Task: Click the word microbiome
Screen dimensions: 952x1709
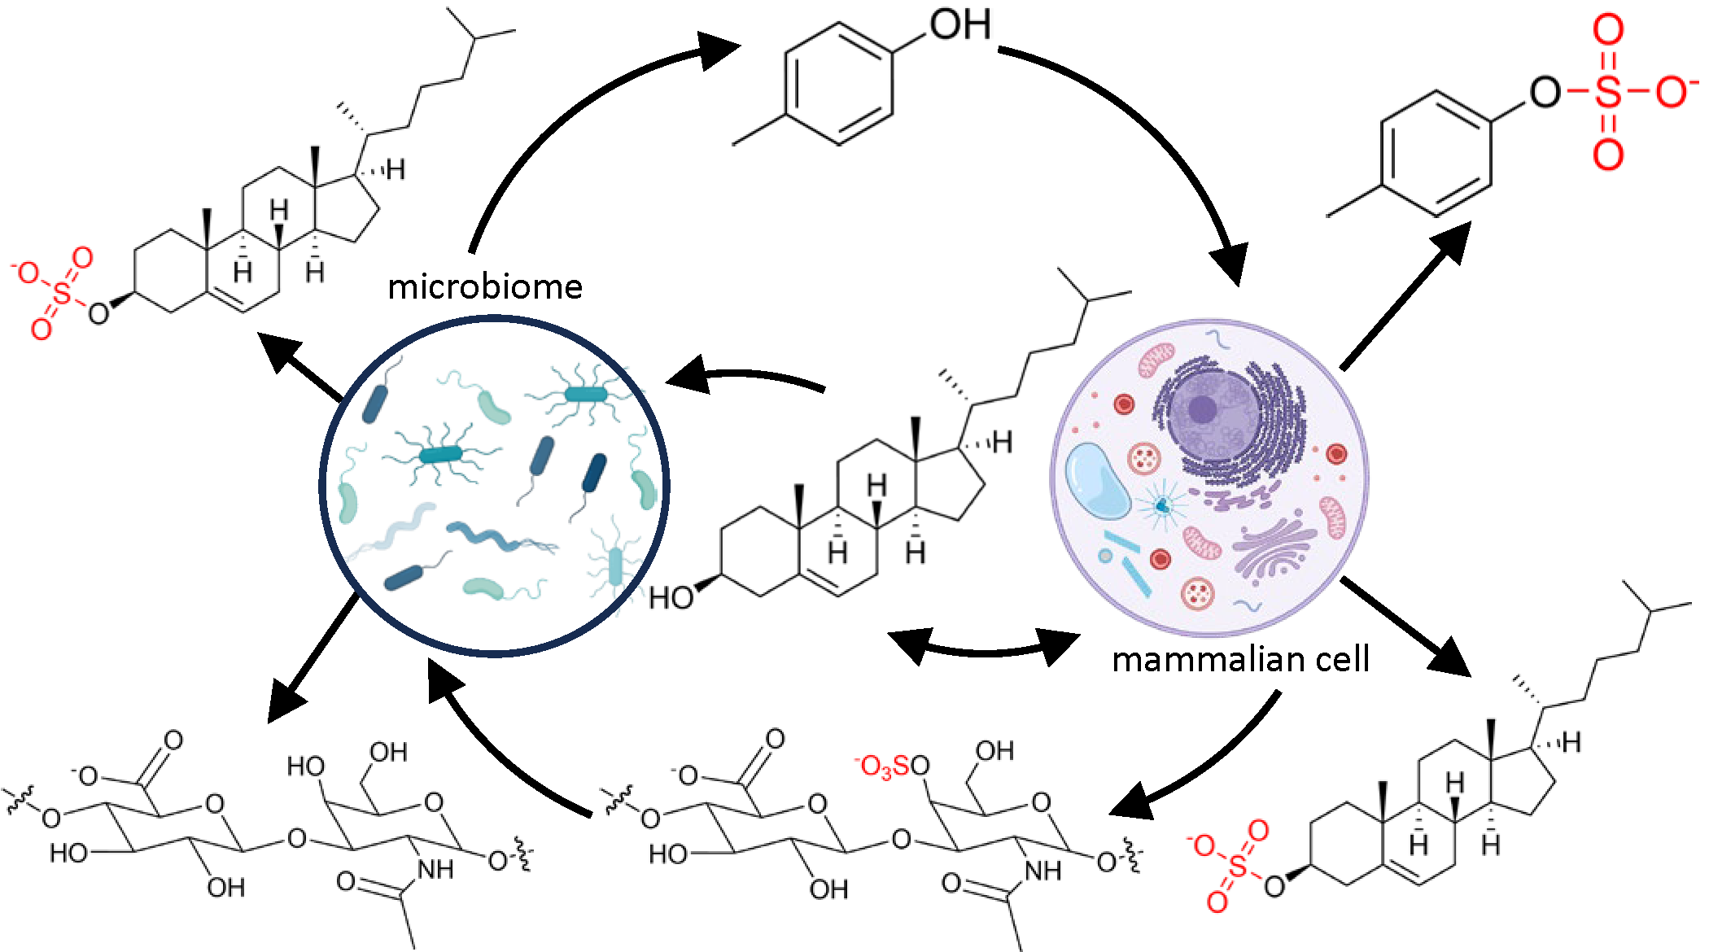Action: click(485, 286)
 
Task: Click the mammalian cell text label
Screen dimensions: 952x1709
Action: click(1240, 659)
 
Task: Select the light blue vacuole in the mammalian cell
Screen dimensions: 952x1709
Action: click(1098, 481)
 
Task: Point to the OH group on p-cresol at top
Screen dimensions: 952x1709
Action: click(960, 24)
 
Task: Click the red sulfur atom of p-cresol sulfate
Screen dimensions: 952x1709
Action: click(1607, 92)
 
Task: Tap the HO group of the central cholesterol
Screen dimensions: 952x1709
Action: click(671, 598)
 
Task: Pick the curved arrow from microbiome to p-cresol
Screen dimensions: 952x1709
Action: click(553, 122)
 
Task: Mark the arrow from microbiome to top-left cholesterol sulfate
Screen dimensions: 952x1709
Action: click(301, 366)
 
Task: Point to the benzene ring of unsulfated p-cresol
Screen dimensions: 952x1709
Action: click(838, 84)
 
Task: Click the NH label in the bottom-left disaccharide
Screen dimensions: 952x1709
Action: click(435, 870)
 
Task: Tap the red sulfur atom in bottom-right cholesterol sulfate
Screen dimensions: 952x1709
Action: click(1238, 867)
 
